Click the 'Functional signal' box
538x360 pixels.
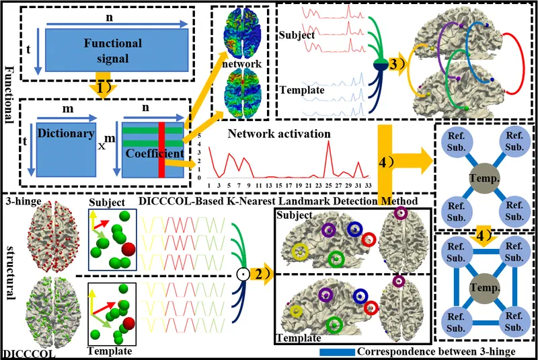112,50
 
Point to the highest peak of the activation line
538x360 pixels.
328,141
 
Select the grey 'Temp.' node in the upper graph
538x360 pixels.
485,180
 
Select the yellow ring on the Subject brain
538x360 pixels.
301,252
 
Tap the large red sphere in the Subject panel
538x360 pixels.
128,251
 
